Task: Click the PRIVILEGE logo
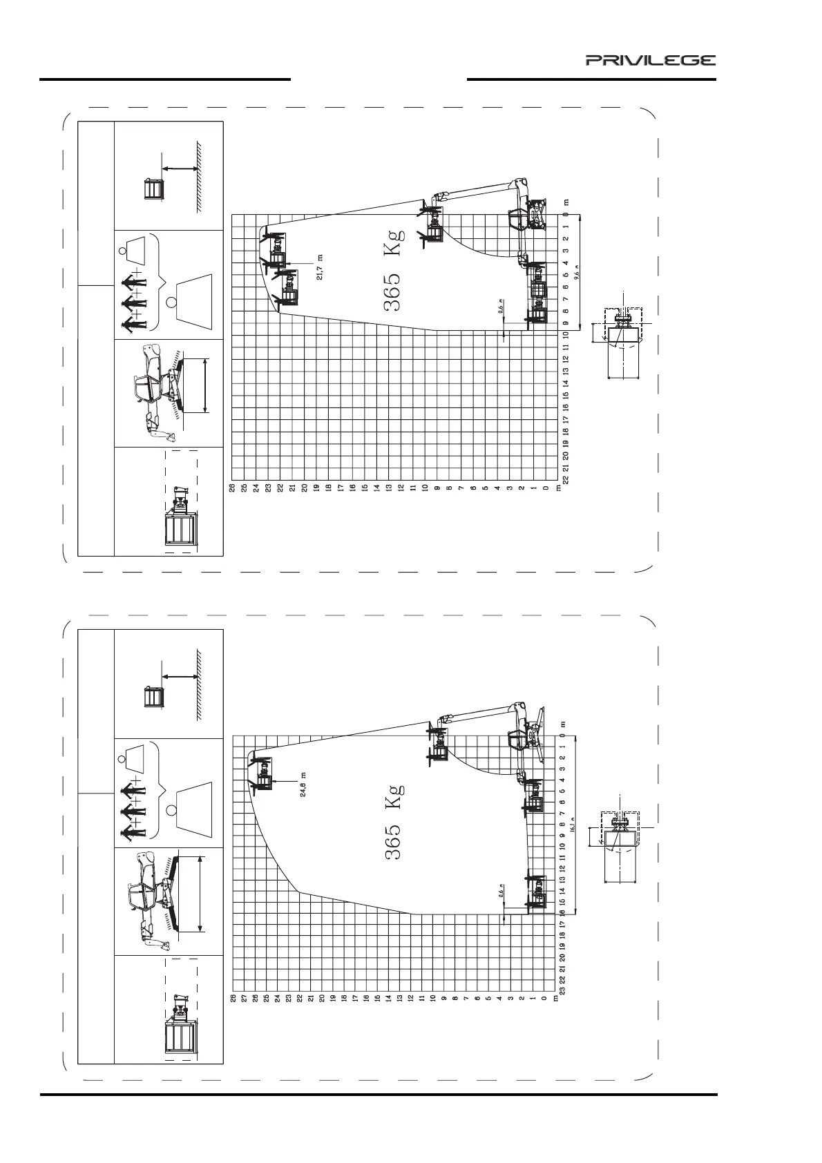click(x=651, y=60)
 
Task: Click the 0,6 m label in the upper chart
click(x=501, y=306)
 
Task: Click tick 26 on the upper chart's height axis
click(x=233, y=488)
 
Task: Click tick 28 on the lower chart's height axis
click(x=233, y=997)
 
